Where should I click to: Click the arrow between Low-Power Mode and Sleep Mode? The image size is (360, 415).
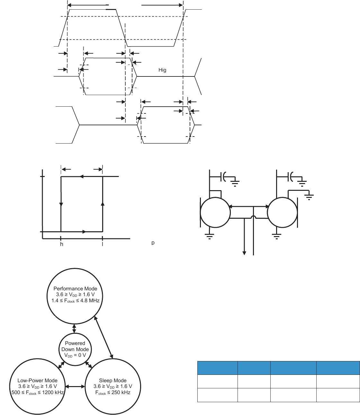pos(75,386)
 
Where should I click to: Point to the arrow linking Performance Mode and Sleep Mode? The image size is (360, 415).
pos(104,337)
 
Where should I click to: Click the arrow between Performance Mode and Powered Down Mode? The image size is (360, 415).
pos(75,329)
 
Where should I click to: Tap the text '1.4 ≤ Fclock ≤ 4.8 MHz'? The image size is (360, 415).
pos(76,301)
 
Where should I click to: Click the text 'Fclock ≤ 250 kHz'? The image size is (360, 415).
pos(113,393)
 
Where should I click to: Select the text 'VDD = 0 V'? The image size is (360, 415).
pos(75,355)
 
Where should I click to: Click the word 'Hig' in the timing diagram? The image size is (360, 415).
pos(162,70)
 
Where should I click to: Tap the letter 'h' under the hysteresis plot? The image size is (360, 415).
pos(62,244)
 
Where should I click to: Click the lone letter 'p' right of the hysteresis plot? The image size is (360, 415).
pos(153,243)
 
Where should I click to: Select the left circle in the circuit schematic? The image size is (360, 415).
pos(215,212)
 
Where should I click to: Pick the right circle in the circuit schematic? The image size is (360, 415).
pos(283,212)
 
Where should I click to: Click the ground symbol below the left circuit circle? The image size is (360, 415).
pos(210,237)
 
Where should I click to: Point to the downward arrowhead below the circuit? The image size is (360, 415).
pos(245,253)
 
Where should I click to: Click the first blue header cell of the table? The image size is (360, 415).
pos(217,368)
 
